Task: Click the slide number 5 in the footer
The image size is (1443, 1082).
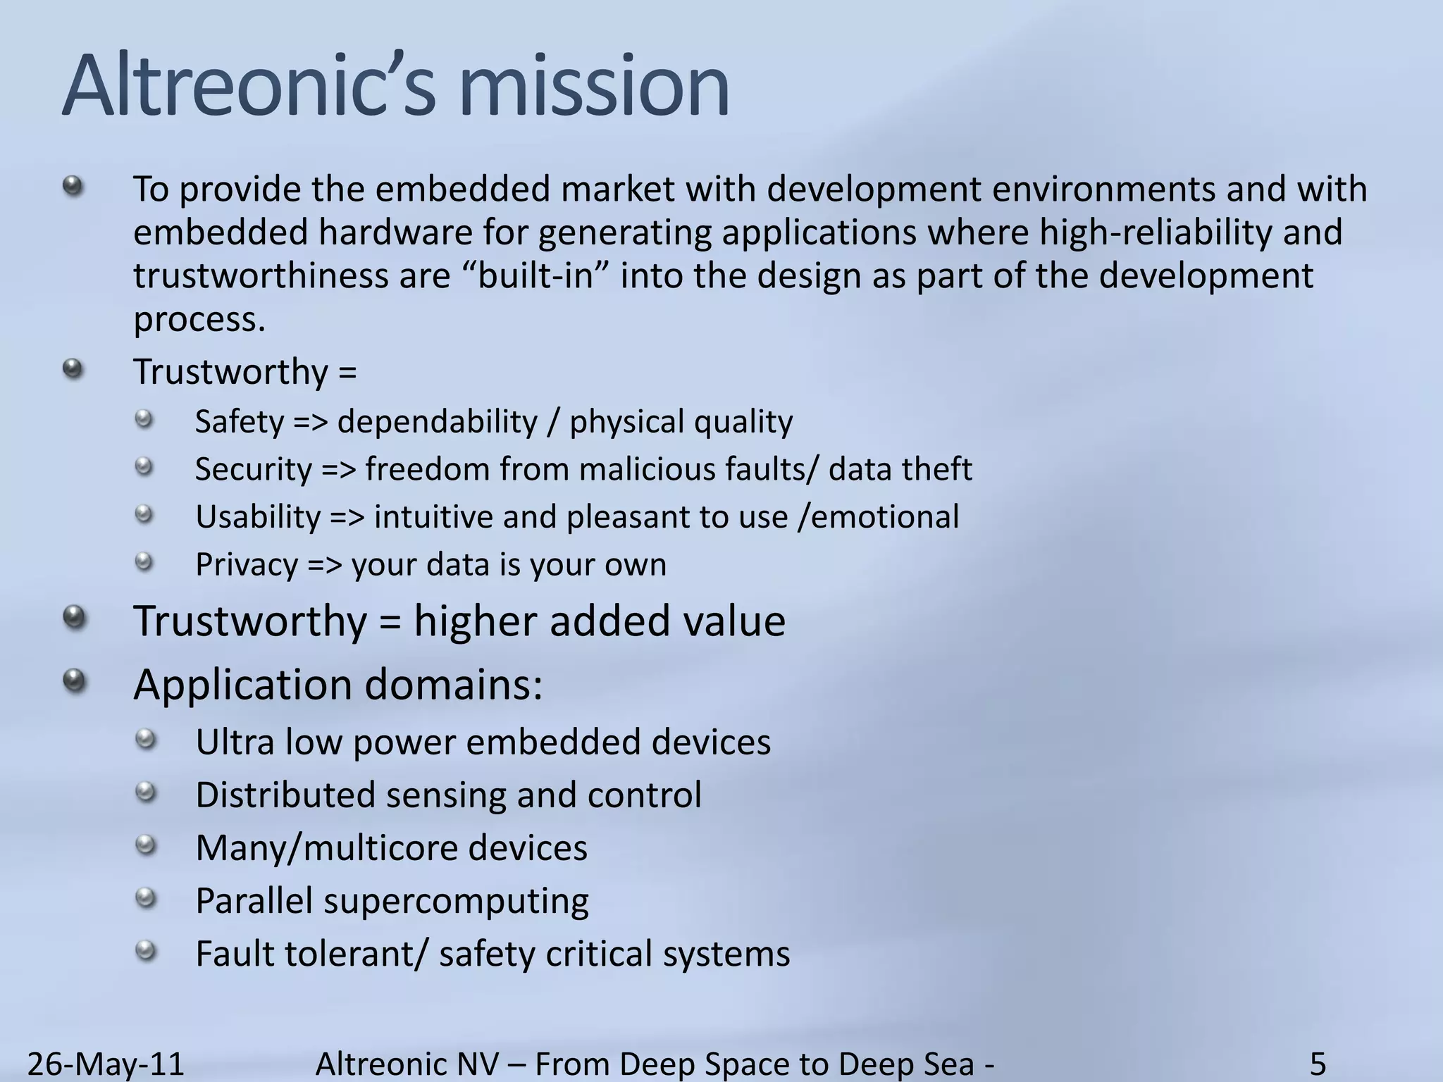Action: tap(1318, 1063)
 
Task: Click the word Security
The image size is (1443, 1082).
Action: tap(254, 470)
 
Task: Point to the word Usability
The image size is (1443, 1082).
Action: tap(258, 518)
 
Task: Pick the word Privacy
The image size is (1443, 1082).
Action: tap(247, 565)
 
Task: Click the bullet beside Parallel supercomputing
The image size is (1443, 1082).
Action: tap(145, 898)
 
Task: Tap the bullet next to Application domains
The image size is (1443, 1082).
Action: tap(74, 680)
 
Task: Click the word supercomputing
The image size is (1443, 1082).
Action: tap(456, 902)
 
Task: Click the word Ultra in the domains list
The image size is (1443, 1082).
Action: tap(235, 742)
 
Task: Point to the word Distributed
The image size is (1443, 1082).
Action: tap(285, 795)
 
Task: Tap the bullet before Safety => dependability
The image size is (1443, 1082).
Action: tap(144, 421)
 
